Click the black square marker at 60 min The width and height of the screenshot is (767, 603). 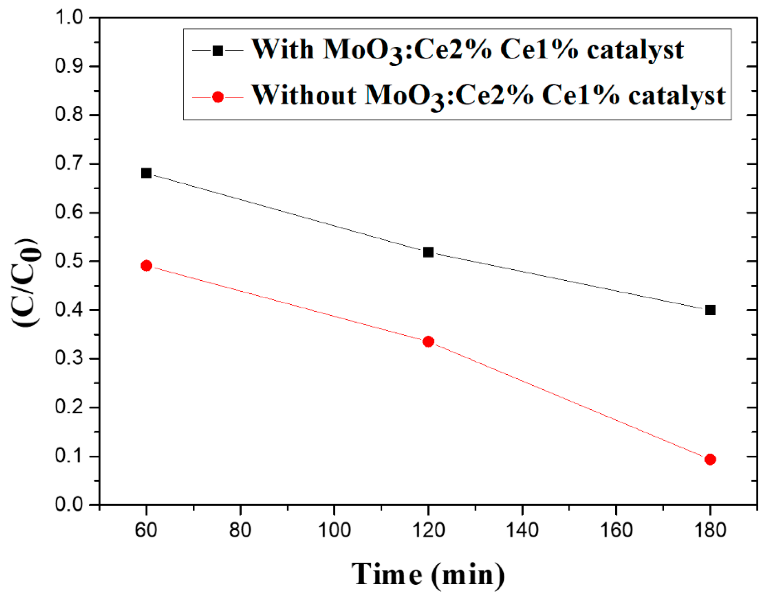pos(146,173)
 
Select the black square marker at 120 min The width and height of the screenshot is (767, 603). pos(428,252)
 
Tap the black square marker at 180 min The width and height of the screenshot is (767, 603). pos(710,310)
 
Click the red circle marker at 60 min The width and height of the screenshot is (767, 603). pos(146,266)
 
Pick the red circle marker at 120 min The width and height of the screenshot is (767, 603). pos(428,341)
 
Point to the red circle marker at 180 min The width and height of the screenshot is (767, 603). pos(710,459)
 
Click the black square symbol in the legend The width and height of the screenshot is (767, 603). pos(218,51)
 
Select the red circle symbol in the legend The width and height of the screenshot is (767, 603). pos(218,97)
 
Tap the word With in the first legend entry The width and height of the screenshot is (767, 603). pos(283,49)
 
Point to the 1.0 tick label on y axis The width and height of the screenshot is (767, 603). pos(69,18)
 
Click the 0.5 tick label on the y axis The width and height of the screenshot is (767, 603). pos(69,261)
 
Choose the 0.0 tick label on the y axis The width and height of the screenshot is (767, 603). pos(69,505)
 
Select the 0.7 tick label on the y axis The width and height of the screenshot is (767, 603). pos(69,164)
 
